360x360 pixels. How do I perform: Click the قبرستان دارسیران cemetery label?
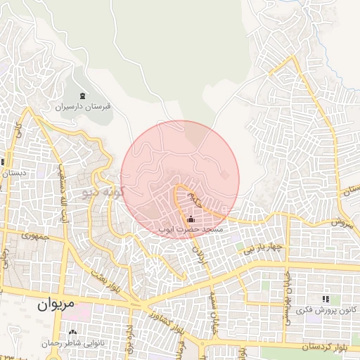pos(84,108)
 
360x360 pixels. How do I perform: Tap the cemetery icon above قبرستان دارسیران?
pos(84,96)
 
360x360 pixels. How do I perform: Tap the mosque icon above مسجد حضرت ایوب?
pos(192,219)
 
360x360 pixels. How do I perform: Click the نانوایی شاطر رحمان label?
pos(73,343)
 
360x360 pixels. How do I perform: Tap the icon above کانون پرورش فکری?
pos(325,299)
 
